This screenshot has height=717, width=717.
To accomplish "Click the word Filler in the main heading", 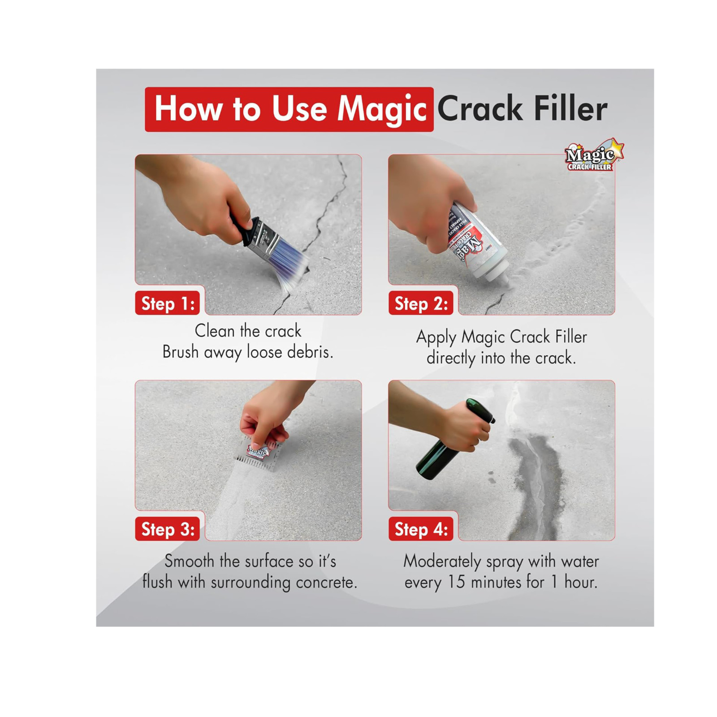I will coord(570,109).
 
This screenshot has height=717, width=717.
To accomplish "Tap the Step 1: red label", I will coord(168,303).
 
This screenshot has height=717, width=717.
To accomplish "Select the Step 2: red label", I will coord(421,303).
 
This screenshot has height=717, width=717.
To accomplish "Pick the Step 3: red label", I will coord(168,529).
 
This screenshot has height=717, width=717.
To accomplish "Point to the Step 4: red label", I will coord(421,529).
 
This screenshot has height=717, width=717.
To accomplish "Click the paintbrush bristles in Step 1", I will coord(289,265).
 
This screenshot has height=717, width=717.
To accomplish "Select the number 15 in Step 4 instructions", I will coord(456,582).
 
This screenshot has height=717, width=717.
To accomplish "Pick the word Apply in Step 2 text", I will coord(436,337).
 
